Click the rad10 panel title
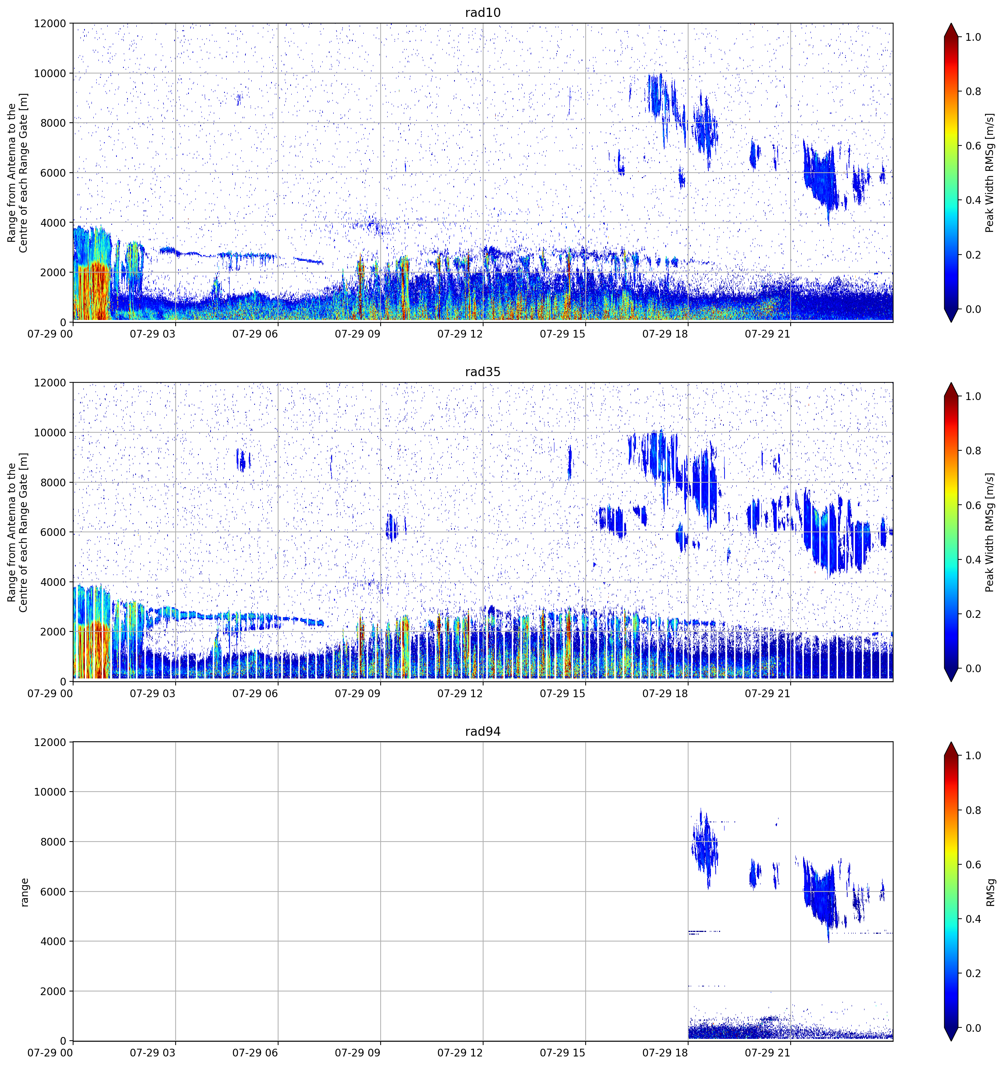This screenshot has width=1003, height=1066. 483,12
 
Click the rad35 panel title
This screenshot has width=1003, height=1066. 483,372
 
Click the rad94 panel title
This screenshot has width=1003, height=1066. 483,731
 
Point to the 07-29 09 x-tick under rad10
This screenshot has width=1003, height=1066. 358,334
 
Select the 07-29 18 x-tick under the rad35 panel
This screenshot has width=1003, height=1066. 665,693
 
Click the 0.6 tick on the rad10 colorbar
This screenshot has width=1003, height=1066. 974,146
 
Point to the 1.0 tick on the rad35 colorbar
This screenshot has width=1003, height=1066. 974,396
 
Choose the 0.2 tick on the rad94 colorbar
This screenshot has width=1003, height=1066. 974,973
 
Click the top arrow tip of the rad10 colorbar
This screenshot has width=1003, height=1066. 951,24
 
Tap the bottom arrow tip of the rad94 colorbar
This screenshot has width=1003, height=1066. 951,1041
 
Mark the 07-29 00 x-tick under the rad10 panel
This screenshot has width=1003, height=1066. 50,334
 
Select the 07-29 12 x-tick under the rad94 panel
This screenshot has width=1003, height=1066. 460,1053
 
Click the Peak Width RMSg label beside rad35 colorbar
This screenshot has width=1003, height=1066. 990,532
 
